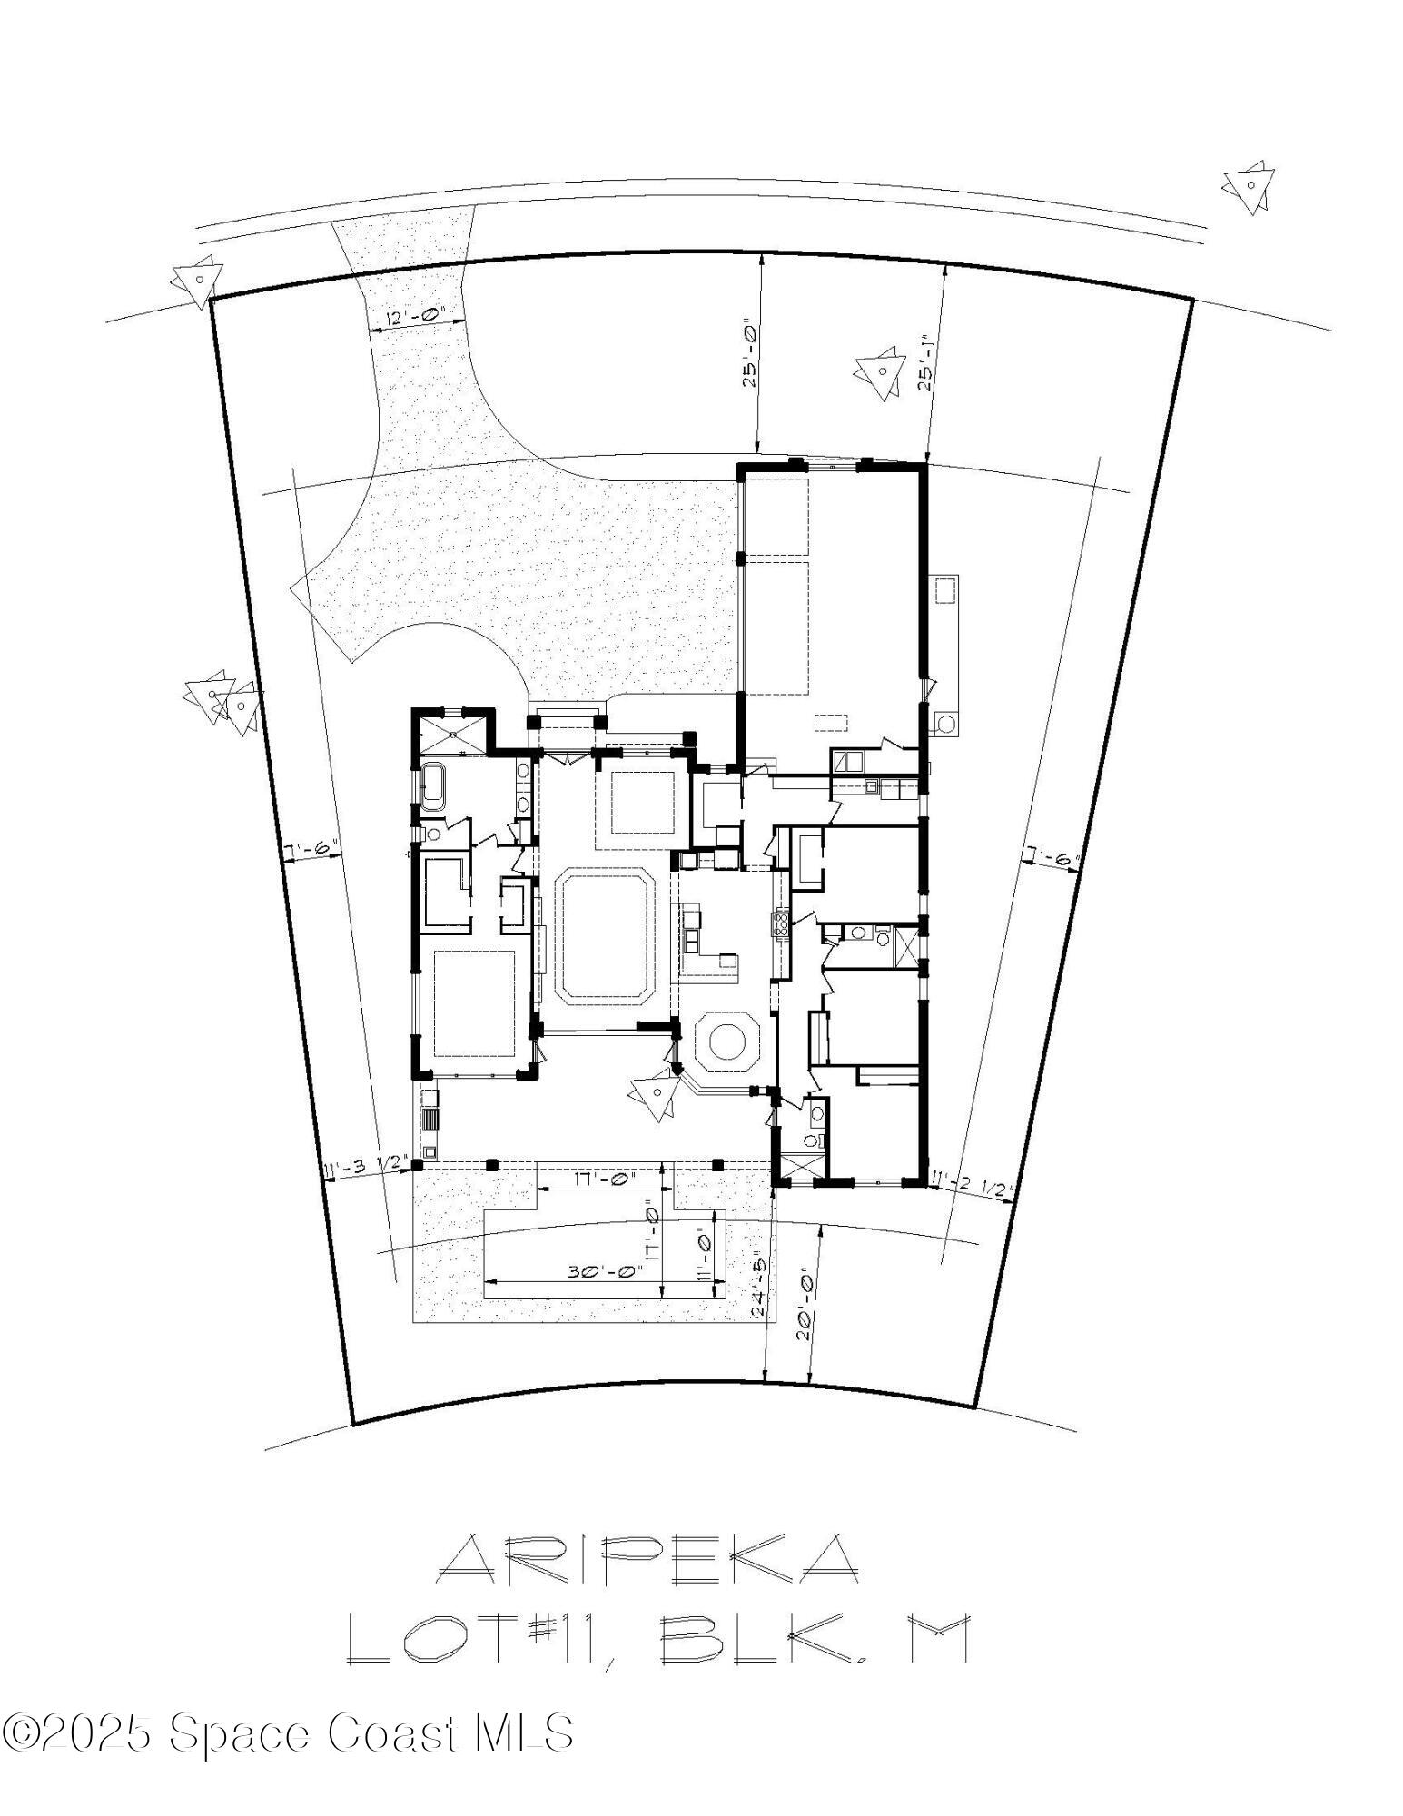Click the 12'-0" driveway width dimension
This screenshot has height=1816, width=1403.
pyautogui.click(x=420, y=317)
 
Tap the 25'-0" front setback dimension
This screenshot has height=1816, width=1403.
pyautogui.click(x=749, y=354)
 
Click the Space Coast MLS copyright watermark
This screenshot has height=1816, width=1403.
pyautogui.click(x=288, y=1732)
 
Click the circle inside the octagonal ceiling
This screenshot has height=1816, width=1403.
pyautogui.click(x=726, y=1041)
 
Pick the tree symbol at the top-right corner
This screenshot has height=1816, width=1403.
pyautogui.click(x=1249, y=188)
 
